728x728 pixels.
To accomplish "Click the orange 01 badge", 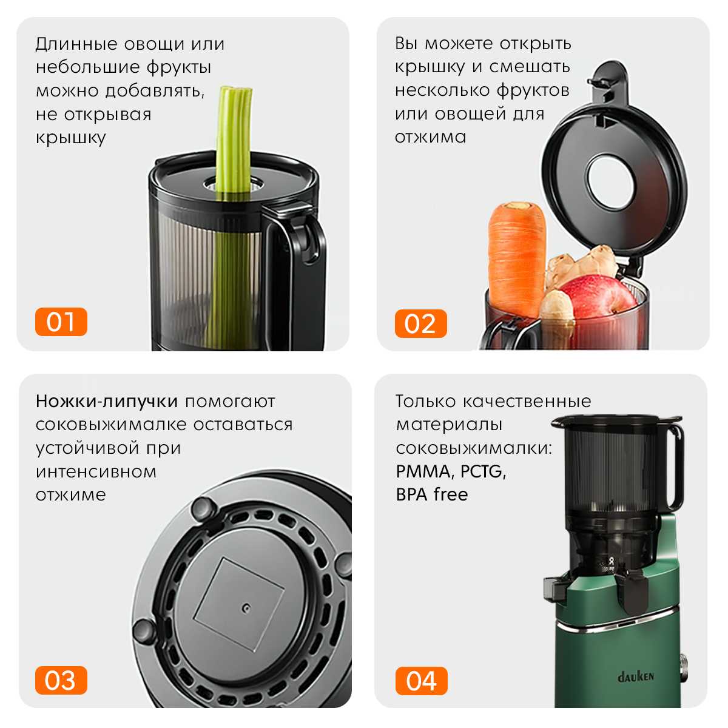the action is click(x=61, y=322).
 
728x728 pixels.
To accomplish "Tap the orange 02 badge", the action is click(x=421, y=323).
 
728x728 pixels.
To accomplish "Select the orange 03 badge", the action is click(x=61, y=680).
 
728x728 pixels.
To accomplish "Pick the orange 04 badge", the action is click(x=421, y=681).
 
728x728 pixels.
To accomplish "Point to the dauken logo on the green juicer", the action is click(x=635, y=676).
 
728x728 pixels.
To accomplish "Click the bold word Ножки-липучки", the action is click(x=107, y=401).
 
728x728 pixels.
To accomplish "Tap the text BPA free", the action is click(x=432, y=494).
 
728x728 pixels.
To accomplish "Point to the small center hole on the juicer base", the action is click(x=246, y=608).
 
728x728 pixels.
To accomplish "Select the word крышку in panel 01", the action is click(x=70, y=138).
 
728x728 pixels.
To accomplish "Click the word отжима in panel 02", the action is click(x=430, y=137).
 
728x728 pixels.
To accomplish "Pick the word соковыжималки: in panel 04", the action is click(x=474, y=448).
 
